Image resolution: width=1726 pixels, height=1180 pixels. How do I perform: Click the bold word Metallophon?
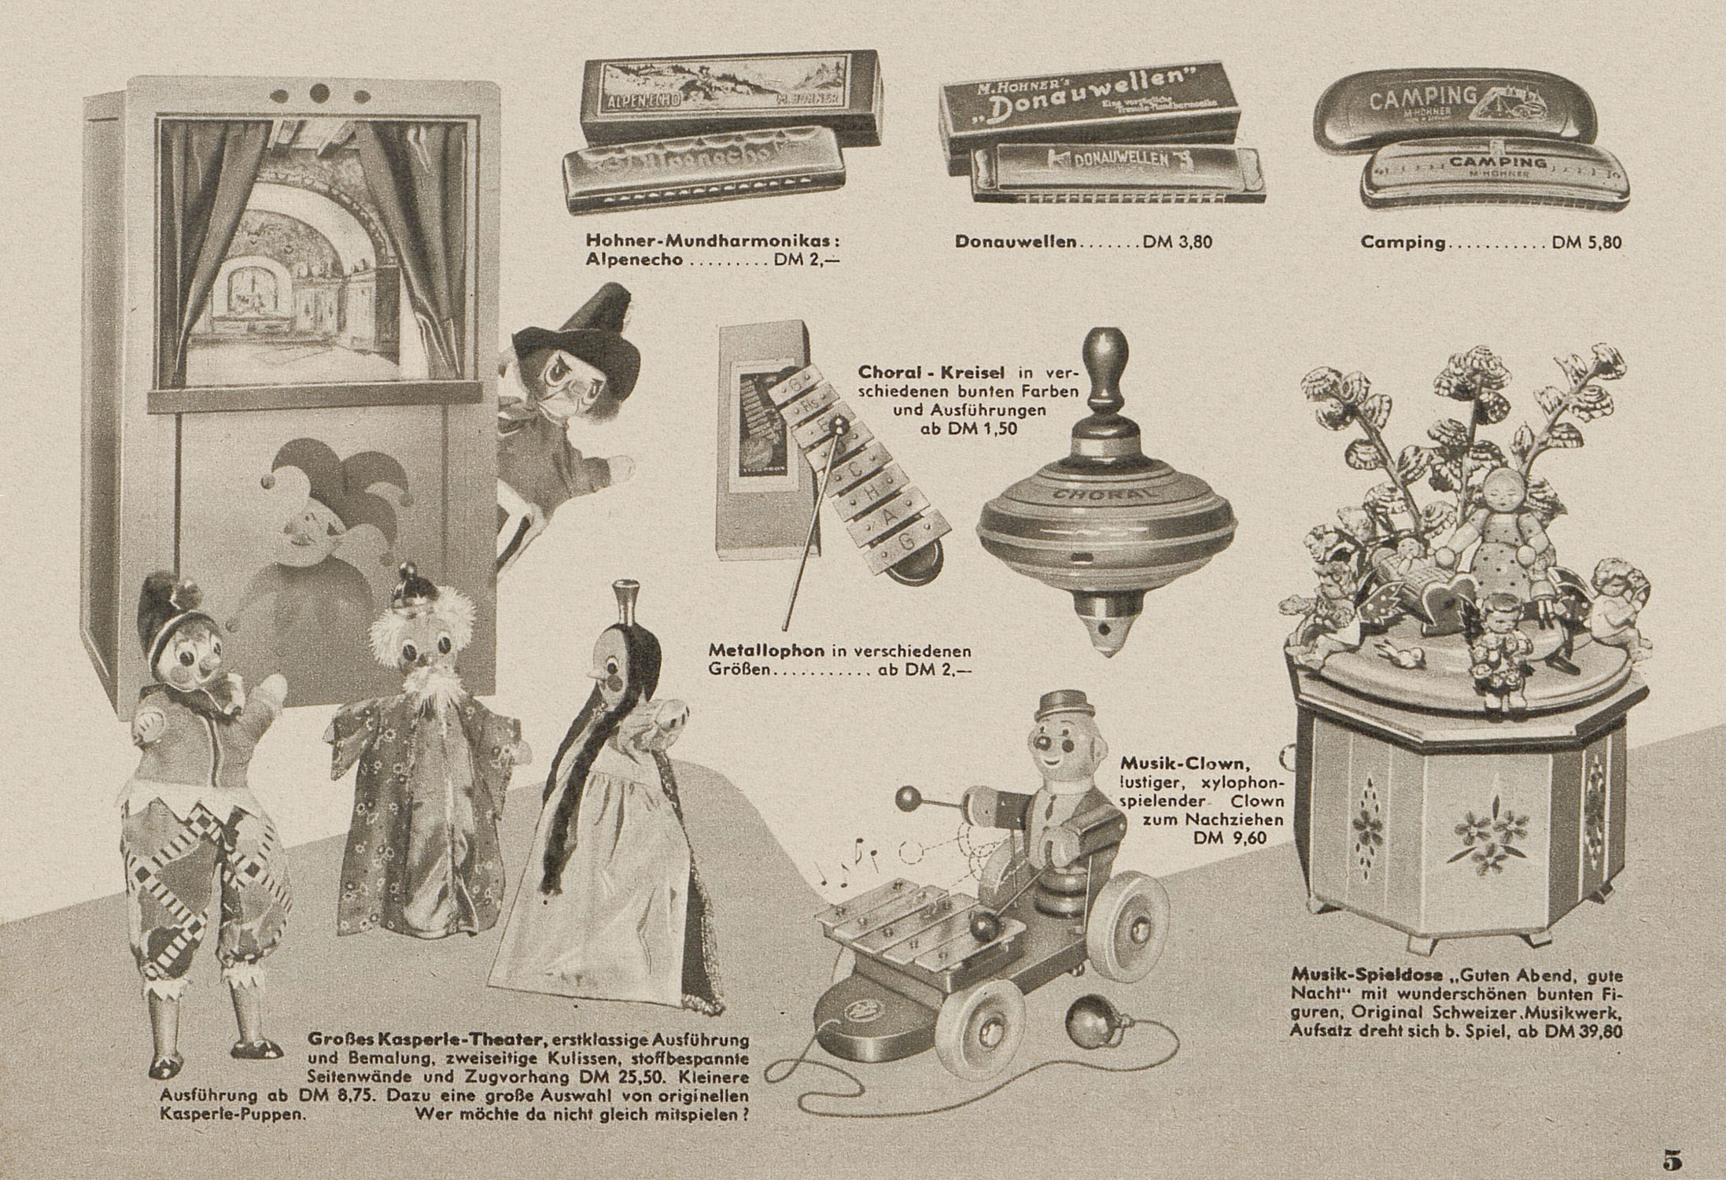(766, 651)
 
